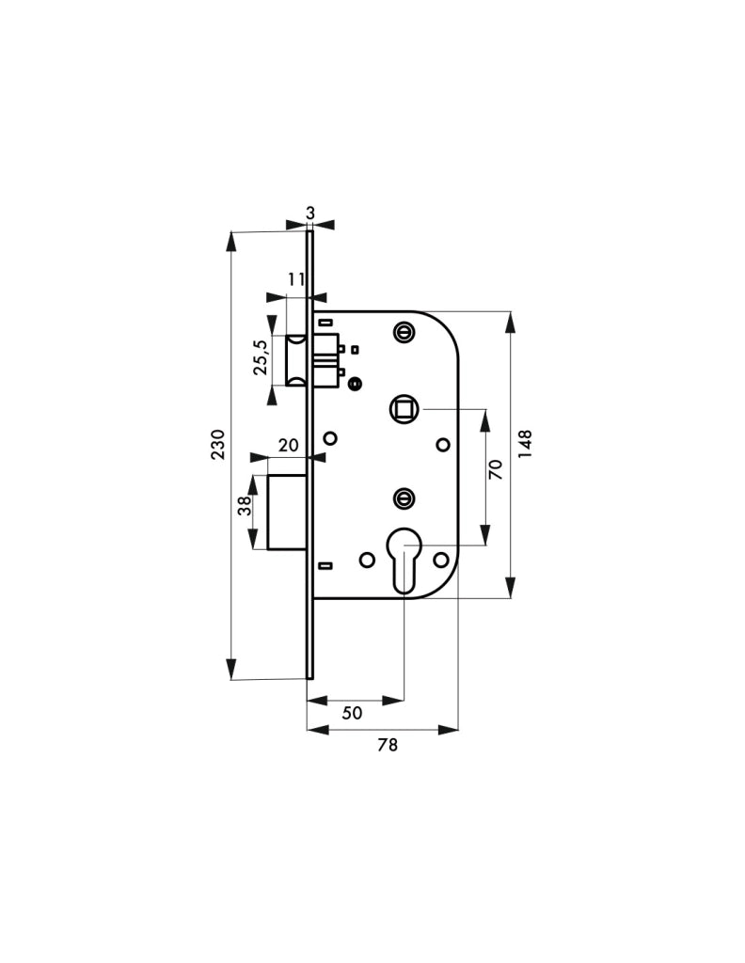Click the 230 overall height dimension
click(218, 444)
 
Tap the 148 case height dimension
click(525, 444)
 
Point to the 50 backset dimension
click(352, 713)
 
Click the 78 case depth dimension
click(388, 745)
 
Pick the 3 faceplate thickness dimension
click(310, 213)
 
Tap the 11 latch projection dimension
click(296, 279)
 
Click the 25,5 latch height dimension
click(261, 356)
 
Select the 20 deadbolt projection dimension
click(288, 445)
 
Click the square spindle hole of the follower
click(404, 407)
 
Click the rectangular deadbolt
click(287, 513)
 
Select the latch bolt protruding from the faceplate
click(297, 360)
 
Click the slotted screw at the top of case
click(403, 332)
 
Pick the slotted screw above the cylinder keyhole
click(403, 497)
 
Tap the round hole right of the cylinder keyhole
click(440, 560)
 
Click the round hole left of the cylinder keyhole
click(367, 560)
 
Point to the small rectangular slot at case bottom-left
click(325, 565)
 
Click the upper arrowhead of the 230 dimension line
click(231, 241)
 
